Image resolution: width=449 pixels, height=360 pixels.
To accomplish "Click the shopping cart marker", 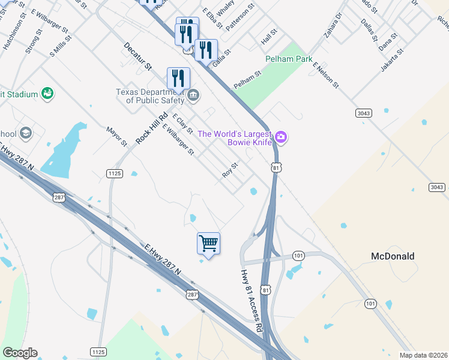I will (208, 244).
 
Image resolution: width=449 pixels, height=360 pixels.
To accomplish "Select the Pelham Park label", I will (289, 59).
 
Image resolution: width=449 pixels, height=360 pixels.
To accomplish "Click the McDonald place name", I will (393, 256).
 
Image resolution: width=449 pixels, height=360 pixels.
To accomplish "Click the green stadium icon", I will (47, 94).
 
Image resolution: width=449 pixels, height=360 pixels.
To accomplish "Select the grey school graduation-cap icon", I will (25, 132).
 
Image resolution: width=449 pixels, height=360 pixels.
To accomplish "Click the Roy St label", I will (231, 170).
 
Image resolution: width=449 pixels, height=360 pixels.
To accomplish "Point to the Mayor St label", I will (116, 136).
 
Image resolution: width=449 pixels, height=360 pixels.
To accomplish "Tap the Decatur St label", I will (138, 56).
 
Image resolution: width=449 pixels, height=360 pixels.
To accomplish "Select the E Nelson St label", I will (325, 77).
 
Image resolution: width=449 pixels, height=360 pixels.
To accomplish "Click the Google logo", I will (20, 353).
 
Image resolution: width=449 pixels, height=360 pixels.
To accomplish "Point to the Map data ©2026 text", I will (423, 355).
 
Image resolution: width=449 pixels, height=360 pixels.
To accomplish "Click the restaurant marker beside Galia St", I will (206, 50).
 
